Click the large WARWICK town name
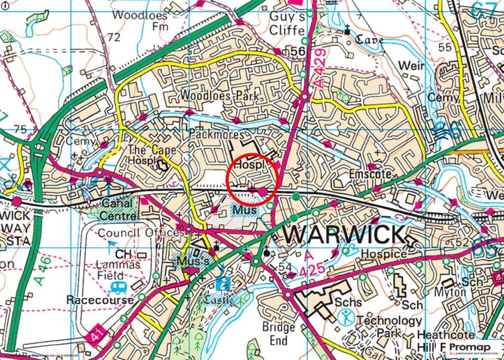point(344,234)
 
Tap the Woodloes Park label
point(220,96)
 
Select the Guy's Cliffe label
point(287,23)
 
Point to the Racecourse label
point(100,300)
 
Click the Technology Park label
point(389,326)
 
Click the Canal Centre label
point(118,209)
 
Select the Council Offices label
point(141,232)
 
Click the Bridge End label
point(278,333)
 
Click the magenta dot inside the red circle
point(263,191)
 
